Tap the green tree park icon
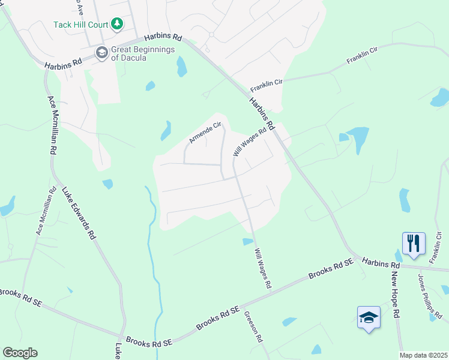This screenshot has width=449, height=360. [118, 24]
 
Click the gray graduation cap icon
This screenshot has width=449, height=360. [101, 53]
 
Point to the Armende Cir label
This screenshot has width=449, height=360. [205, 132]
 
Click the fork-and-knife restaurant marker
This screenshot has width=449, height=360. [414, 243]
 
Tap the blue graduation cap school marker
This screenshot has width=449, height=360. [369, 317]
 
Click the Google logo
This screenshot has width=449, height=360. [20, 353]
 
